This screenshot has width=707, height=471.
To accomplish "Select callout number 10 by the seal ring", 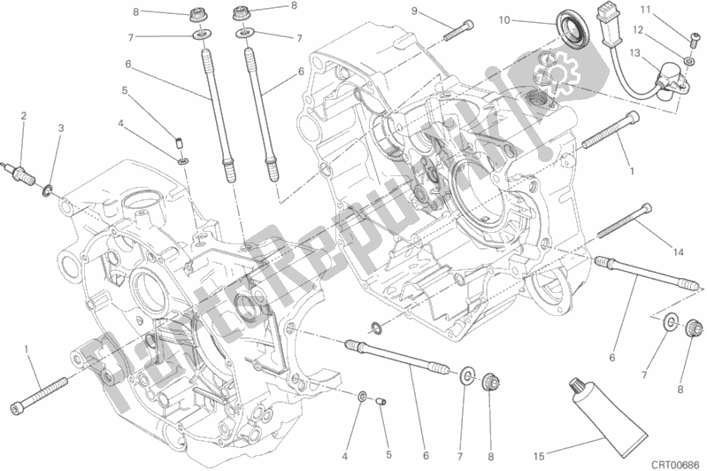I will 528,19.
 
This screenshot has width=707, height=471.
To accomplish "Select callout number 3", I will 61,128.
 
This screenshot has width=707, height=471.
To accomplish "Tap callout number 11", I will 695,10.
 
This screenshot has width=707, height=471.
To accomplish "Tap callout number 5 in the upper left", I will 126,89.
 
